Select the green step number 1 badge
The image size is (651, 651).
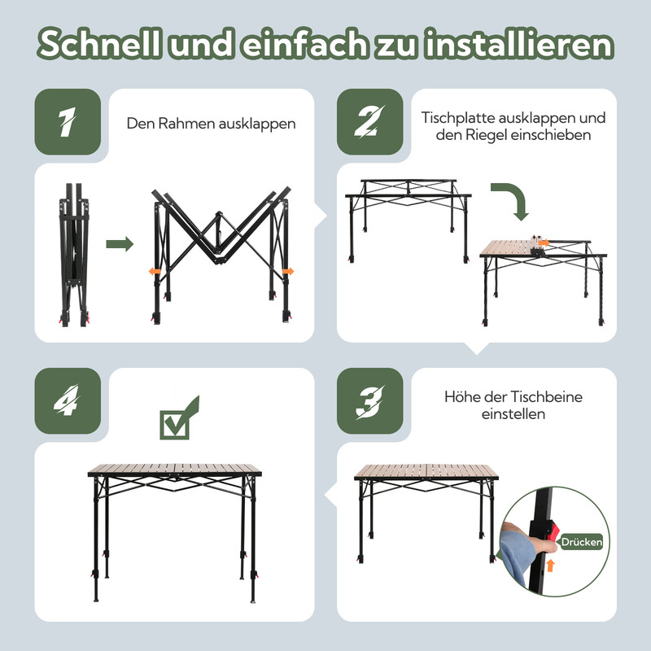coord(67,121)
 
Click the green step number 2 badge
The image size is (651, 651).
coord(369,121)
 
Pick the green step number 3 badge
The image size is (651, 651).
coord(369,401)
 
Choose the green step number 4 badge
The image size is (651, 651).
coord(67,401)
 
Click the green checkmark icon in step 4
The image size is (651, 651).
coord(179,418)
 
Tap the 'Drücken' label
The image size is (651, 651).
coord(581,542)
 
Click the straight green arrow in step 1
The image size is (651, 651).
coord(120,244)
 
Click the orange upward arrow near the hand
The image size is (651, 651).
coord(551,565)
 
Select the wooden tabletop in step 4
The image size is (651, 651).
coord(174,470)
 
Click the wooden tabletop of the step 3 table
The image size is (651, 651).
coord(427,472)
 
